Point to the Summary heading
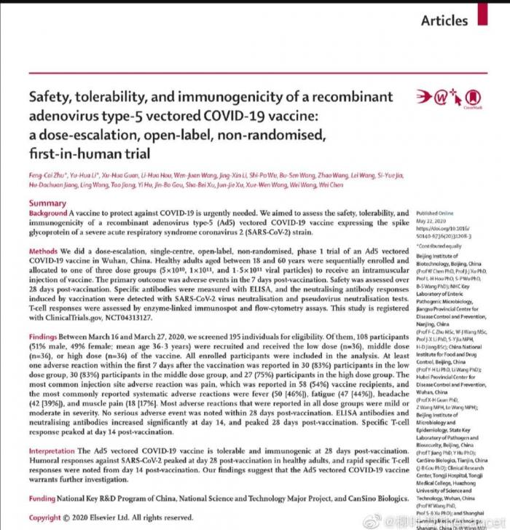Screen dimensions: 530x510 click(48, 203)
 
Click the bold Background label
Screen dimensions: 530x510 click(52, 214)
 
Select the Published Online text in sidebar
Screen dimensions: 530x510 click(435, 213)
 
